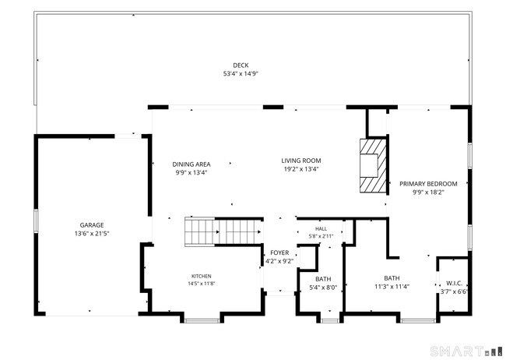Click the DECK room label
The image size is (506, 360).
tap(241, 65)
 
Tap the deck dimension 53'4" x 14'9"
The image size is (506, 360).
tap(241, 74)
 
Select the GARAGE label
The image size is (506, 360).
tap(92, 225)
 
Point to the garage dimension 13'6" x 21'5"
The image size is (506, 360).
tap(92, 233)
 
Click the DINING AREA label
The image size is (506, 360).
tap(192, 164)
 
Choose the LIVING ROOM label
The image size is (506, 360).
tap(301, 161)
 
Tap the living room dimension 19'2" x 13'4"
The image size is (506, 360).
tap(301, 168)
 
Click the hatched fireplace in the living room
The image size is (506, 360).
tap(374, 166)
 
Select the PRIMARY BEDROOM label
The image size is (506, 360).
tap(428, 184)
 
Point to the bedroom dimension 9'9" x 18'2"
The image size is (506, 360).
tap(428, 192)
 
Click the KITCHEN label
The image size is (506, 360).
tap(202, 277)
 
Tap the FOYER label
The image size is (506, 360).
tap(279, 252)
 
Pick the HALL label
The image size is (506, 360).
tap(321, 229)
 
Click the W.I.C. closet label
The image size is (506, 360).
tap(454, 284)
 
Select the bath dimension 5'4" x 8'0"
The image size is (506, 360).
tap(323, 288)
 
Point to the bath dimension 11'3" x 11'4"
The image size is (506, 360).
tap(392, 286)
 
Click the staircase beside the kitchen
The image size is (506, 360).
tap(223, 231)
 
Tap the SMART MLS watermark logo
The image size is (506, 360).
tap(466, 351)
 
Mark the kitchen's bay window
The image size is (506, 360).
tap(202, 320)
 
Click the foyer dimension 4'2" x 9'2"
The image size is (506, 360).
tap(279, 261)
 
